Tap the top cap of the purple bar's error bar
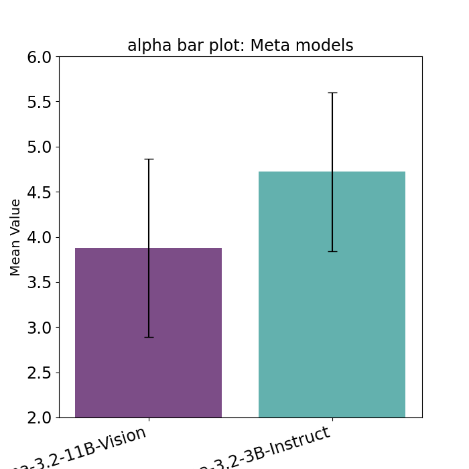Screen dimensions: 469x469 149,159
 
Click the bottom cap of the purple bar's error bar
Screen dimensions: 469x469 149,337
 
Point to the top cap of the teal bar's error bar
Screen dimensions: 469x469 332,92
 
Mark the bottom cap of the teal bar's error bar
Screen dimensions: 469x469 332,251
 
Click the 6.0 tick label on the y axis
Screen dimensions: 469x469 39,57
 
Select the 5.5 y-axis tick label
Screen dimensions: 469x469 39,102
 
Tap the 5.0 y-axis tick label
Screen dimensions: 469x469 39,147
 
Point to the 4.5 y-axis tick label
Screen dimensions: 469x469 39,192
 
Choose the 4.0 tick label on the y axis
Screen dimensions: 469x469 39,237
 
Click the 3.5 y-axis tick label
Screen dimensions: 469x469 39,283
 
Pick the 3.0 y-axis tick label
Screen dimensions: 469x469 39,328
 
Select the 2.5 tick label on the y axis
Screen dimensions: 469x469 39,373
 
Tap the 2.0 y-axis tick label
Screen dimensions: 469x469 39,417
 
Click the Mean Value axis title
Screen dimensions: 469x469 16,237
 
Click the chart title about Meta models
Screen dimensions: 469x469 240,46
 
